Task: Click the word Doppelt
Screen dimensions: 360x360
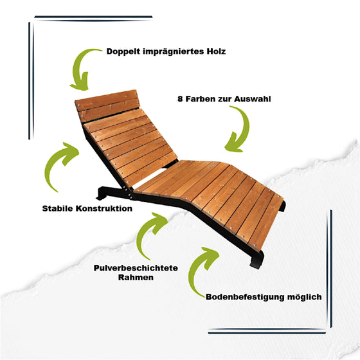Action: [x=123, y=51]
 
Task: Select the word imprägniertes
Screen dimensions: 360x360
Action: [x=174, y=51]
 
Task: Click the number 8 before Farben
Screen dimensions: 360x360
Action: [x=180, y=99]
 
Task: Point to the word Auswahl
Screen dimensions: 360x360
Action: [x=252, y=99]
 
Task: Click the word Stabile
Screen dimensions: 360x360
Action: [x=58, y=208]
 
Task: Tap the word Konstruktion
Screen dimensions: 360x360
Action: [x=104, y=208]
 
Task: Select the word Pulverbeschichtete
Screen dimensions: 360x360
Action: [x=136, y=268]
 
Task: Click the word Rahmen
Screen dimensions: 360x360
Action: [x=136, y=277]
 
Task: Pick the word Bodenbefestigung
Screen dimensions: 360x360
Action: [x=245, y=297]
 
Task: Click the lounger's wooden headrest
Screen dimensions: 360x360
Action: [x=107, y=105]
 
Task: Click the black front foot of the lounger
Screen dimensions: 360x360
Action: [x=256, y=260]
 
